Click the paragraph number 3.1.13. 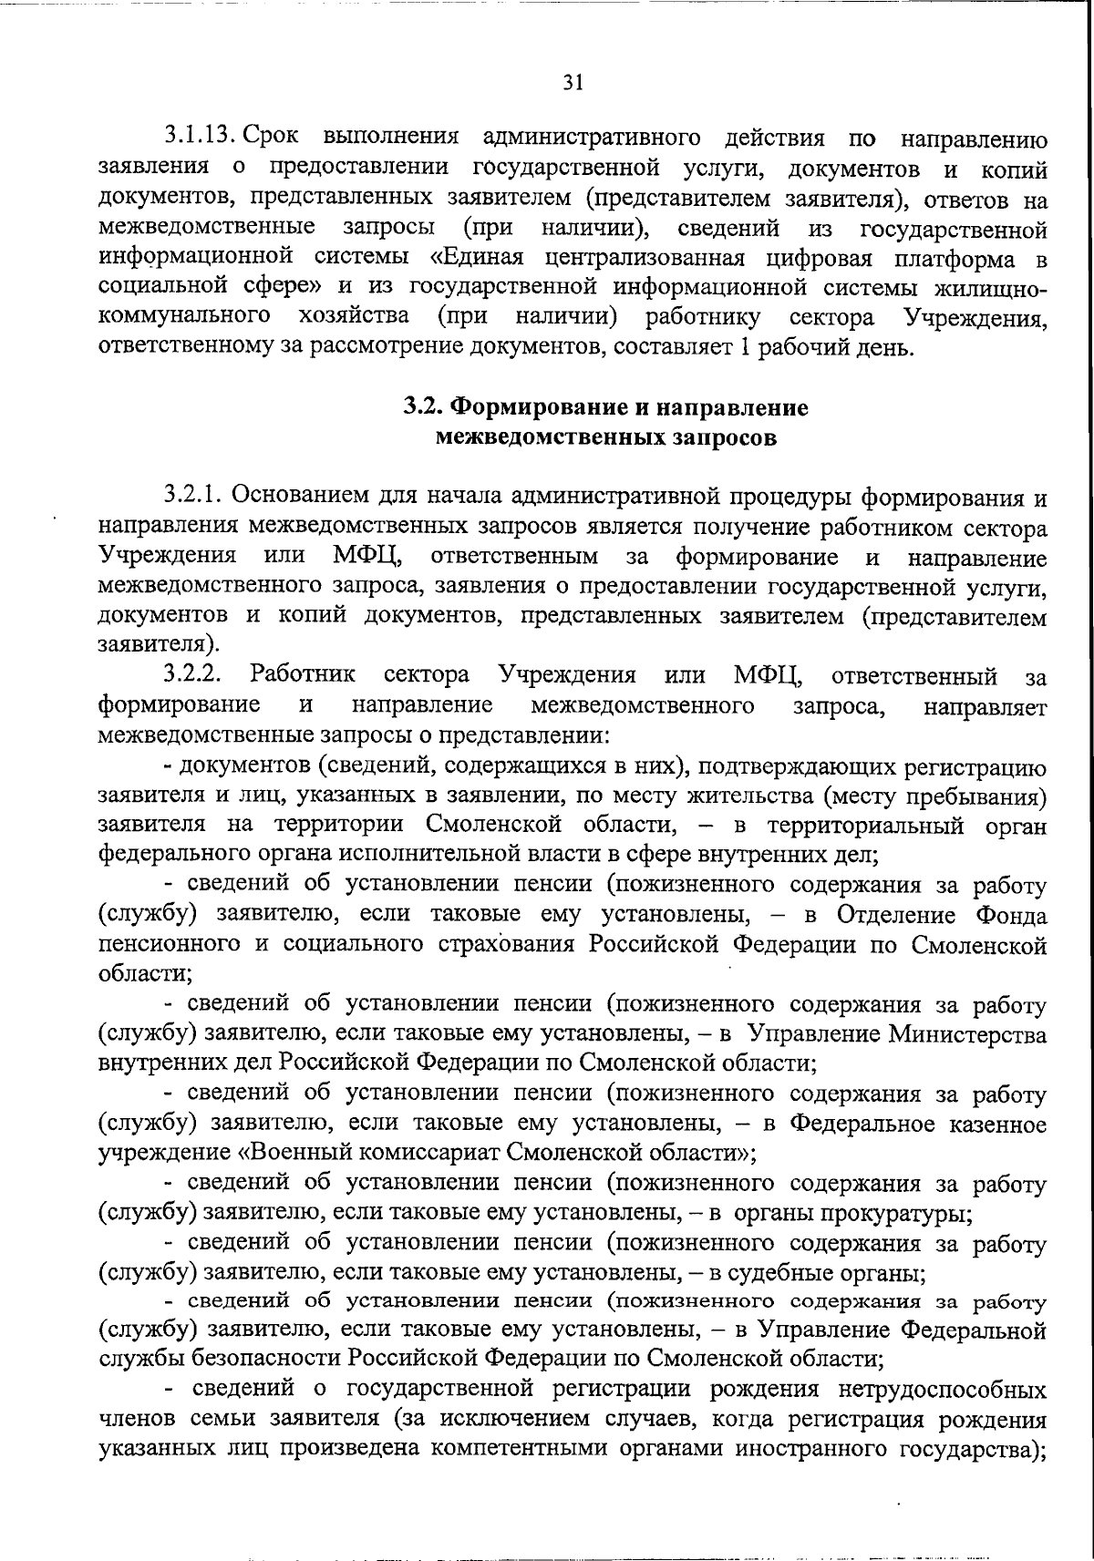201,139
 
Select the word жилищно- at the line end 991,287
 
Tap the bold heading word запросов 726,437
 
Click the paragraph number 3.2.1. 193,497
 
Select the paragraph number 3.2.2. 194,676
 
